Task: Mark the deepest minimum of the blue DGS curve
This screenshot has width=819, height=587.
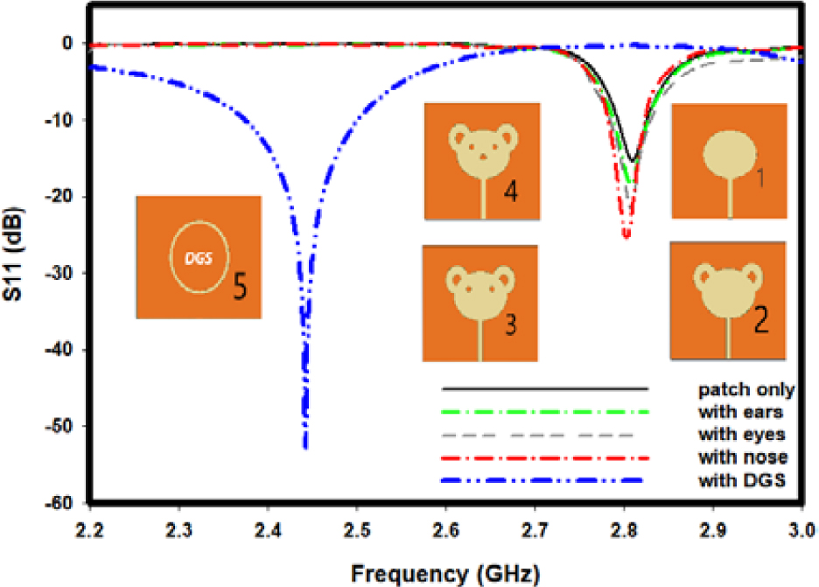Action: [x=304, y=446]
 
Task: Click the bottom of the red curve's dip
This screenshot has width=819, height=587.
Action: [x=626, y=236]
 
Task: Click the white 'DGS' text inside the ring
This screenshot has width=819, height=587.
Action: [x=199, y=258]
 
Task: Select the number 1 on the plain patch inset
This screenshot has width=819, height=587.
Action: [x=761, y=179]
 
